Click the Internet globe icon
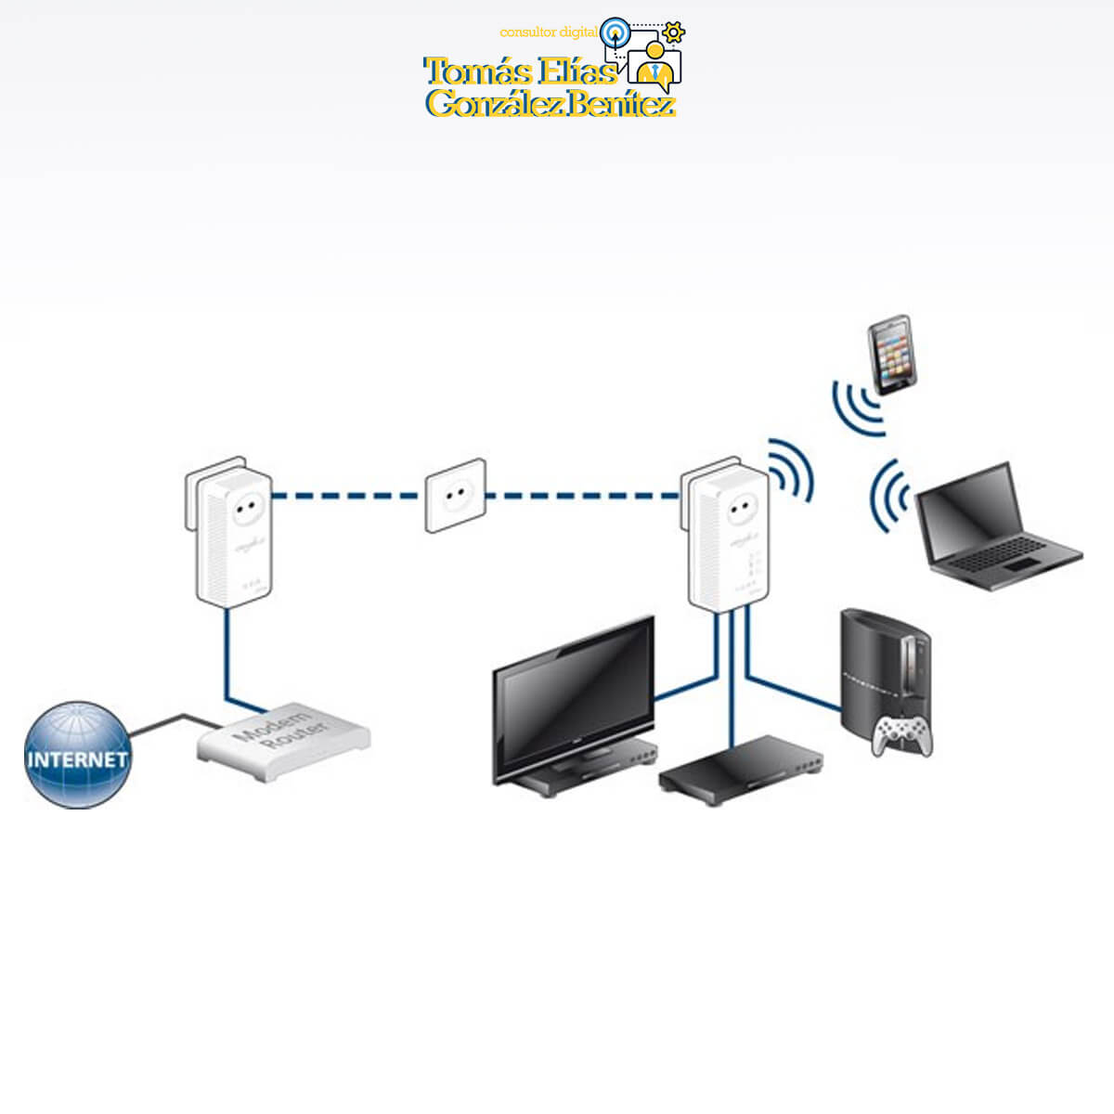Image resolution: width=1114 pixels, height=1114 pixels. click(77, 755)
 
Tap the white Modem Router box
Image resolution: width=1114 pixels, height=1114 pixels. click(283, 741)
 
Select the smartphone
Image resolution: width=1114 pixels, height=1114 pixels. click(892, 356)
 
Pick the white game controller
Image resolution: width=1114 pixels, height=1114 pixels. click(902, 735)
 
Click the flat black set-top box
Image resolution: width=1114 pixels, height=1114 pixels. click(741, 768)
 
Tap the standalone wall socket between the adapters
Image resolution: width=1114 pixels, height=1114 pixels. click(455, 495)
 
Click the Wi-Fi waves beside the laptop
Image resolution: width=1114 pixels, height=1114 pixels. click(889, 497)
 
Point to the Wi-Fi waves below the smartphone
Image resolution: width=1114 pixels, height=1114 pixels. click(858, 405)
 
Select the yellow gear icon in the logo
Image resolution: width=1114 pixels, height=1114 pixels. click(674, 32)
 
